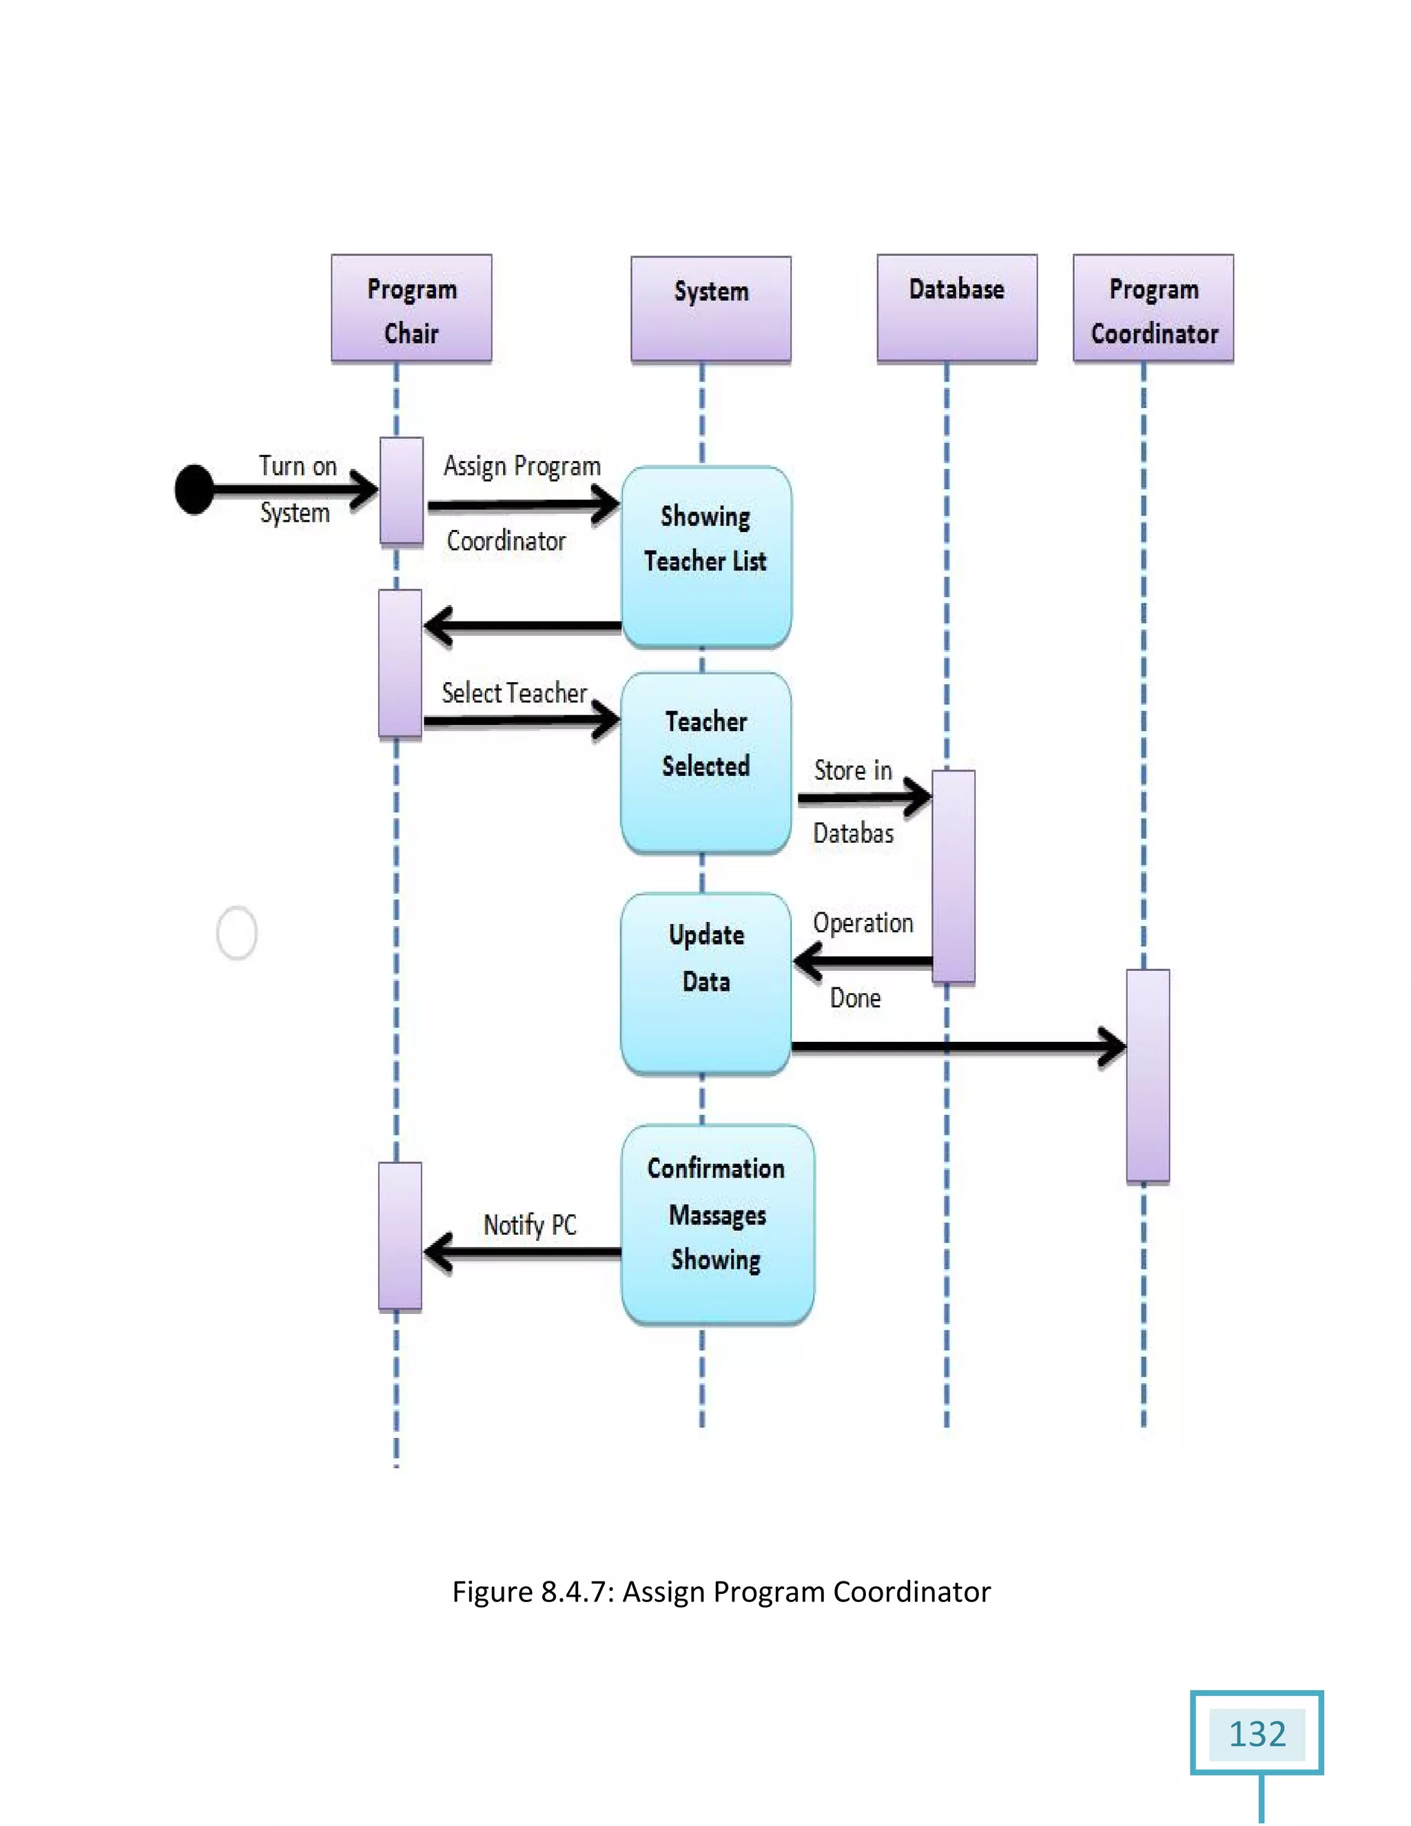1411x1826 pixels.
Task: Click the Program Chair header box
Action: click(411, 309)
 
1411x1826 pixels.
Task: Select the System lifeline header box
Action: click(710, 309)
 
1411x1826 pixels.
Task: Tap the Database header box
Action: click(956, 309)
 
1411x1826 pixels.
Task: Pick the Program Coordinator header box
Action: click(1153, 309)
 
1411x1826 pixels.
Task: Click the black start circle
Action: click(194, 490)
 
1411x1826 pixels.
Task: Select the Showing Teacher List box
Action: click(705, 557)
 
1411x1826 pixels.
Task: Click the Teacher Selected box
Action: click(705, 763)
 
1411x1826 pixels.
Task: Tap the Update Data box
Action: click(705, 983)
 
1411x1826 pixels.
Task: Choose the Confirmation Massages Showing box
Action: click(717, 1224)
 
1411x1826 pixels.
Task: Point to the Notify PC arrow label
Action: click(530, 1226)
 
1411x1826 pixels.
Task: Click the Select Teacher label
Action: click(514, 693)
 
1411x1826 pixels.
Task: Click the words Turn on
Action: click(298, 466)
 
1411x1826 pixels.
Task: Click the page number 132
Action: click(1257, 1734)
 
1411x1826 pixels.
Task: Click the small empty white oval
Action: click(236, 932)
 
